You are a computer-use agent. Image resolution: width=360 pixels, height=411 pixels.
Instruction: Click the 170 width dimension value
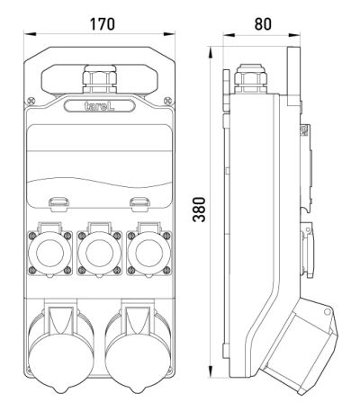[103, 24]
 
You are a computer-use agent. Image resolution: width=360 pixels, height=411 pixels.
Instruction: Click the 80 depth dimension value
[263, 24]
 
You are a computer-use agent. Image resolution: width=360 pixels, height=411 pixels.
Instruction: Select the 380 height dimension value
[199, 210]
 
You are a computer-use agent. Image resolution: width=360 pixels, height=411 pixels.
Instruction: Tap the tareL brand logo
[99, 106]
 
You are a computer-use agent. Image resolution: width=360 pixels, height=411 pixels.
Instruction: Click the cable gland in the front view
[100, 78]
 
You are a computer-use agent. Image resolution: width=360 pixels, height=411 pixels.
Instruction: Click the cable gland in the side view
[250, 78]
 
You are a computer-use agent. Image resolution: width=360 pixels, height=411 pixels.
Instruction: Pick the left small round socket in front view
[50, 253]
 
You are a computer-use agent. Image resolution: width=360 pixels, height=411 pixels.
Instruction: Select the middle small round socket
[100, 253]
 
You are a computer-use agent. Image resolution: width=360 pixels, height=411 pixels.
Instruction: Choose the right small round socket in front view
[149, 253]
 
